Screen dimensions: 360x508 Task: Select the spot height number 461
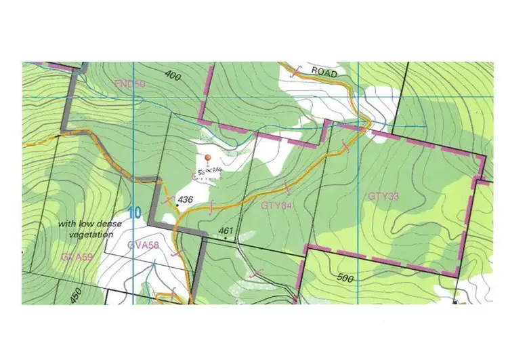pos(226,231)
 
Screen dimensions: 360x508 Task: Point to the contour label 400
pos(173,77)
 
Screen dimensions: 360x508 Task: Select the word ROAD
pos(324,71)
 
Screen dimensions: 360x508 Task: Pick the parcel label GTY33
pos(382,197)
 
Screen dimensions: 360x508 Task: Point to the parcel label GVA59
pos(76,257)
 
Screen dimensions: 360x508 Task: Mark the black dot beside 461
pos(225,238)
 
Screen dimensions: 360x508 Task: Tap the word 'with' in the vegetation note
pos(66,223)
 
